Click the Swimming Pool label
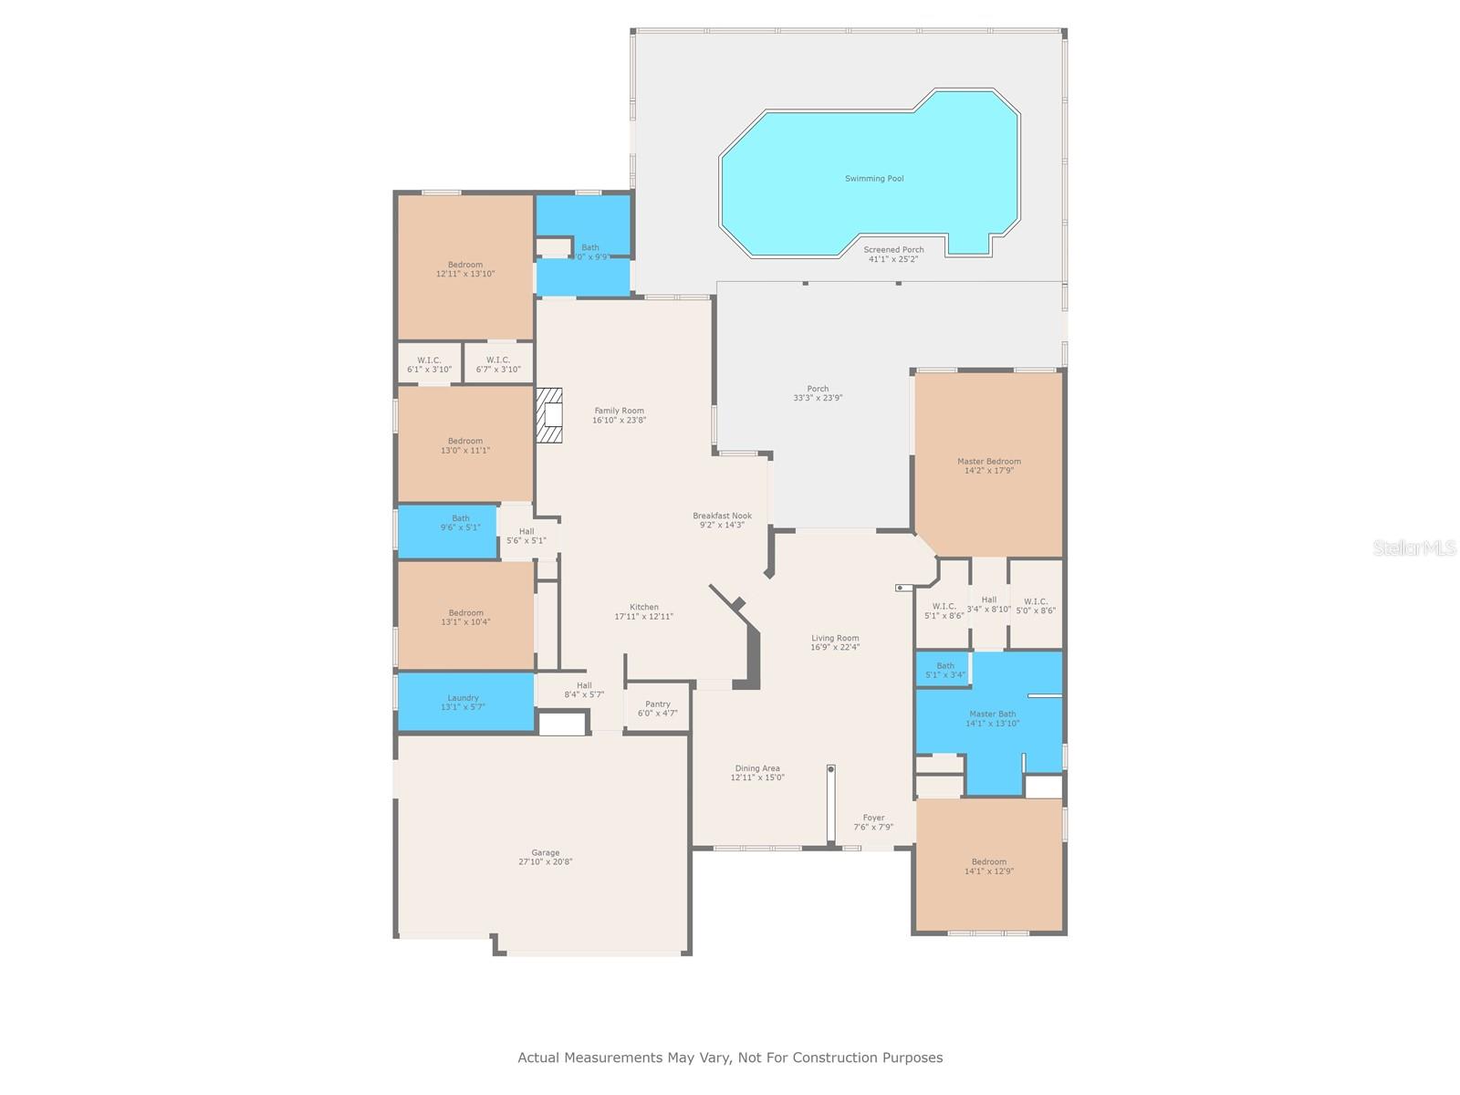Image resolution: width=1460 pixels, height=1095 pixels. (x=874, y=179)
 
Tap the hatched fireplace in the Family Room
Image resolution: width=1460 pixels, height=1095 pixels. (x=548, y=415)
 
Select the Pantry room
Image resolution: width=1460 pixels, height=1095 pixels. (x=657, y=708)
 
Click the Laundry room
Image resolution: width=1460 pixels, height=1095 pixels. (x=464, y=702)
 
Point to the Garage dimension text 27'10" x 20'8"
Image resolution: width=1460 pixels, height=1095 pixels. (x=546, y=861)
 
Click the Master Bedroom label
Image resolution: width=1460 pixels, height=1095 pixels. (x=989, y=462)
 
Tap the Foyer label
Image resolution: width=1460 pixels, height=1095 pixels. (x=873, y=819)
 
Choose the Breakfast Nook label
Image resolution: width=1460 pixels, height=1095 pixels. (x=722, y=516)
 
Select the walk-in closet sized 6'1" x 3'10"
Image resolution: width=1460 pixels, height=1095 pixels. (x=429, y=364)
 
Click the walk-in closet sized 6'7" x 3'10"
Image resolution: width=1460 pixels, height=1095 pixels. (x=498, y=364)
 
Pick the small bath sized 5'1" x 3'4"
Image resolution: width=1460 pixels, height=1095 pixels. (x=944, y=670)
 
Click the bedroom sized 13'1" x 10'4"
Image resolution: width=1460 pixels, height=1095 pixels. (x=465, y=617)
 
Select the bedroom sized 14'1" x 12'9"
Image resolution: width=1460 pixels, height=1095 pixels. (x=989, y=866)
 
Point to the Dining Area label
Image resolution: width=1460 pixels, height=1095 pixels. (x=757, y=768)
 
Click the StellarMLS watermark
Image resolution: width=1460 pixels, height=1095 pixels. (x=1414, y=547)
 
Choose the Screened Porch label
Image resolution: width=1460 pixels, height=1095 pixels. (x=893, y=250)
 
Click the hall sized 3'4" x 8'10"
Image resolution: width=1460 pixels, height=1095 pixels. (x=989, y=604)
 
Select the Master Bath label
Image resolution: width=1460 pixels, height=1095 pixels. (x=992, y=714)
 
